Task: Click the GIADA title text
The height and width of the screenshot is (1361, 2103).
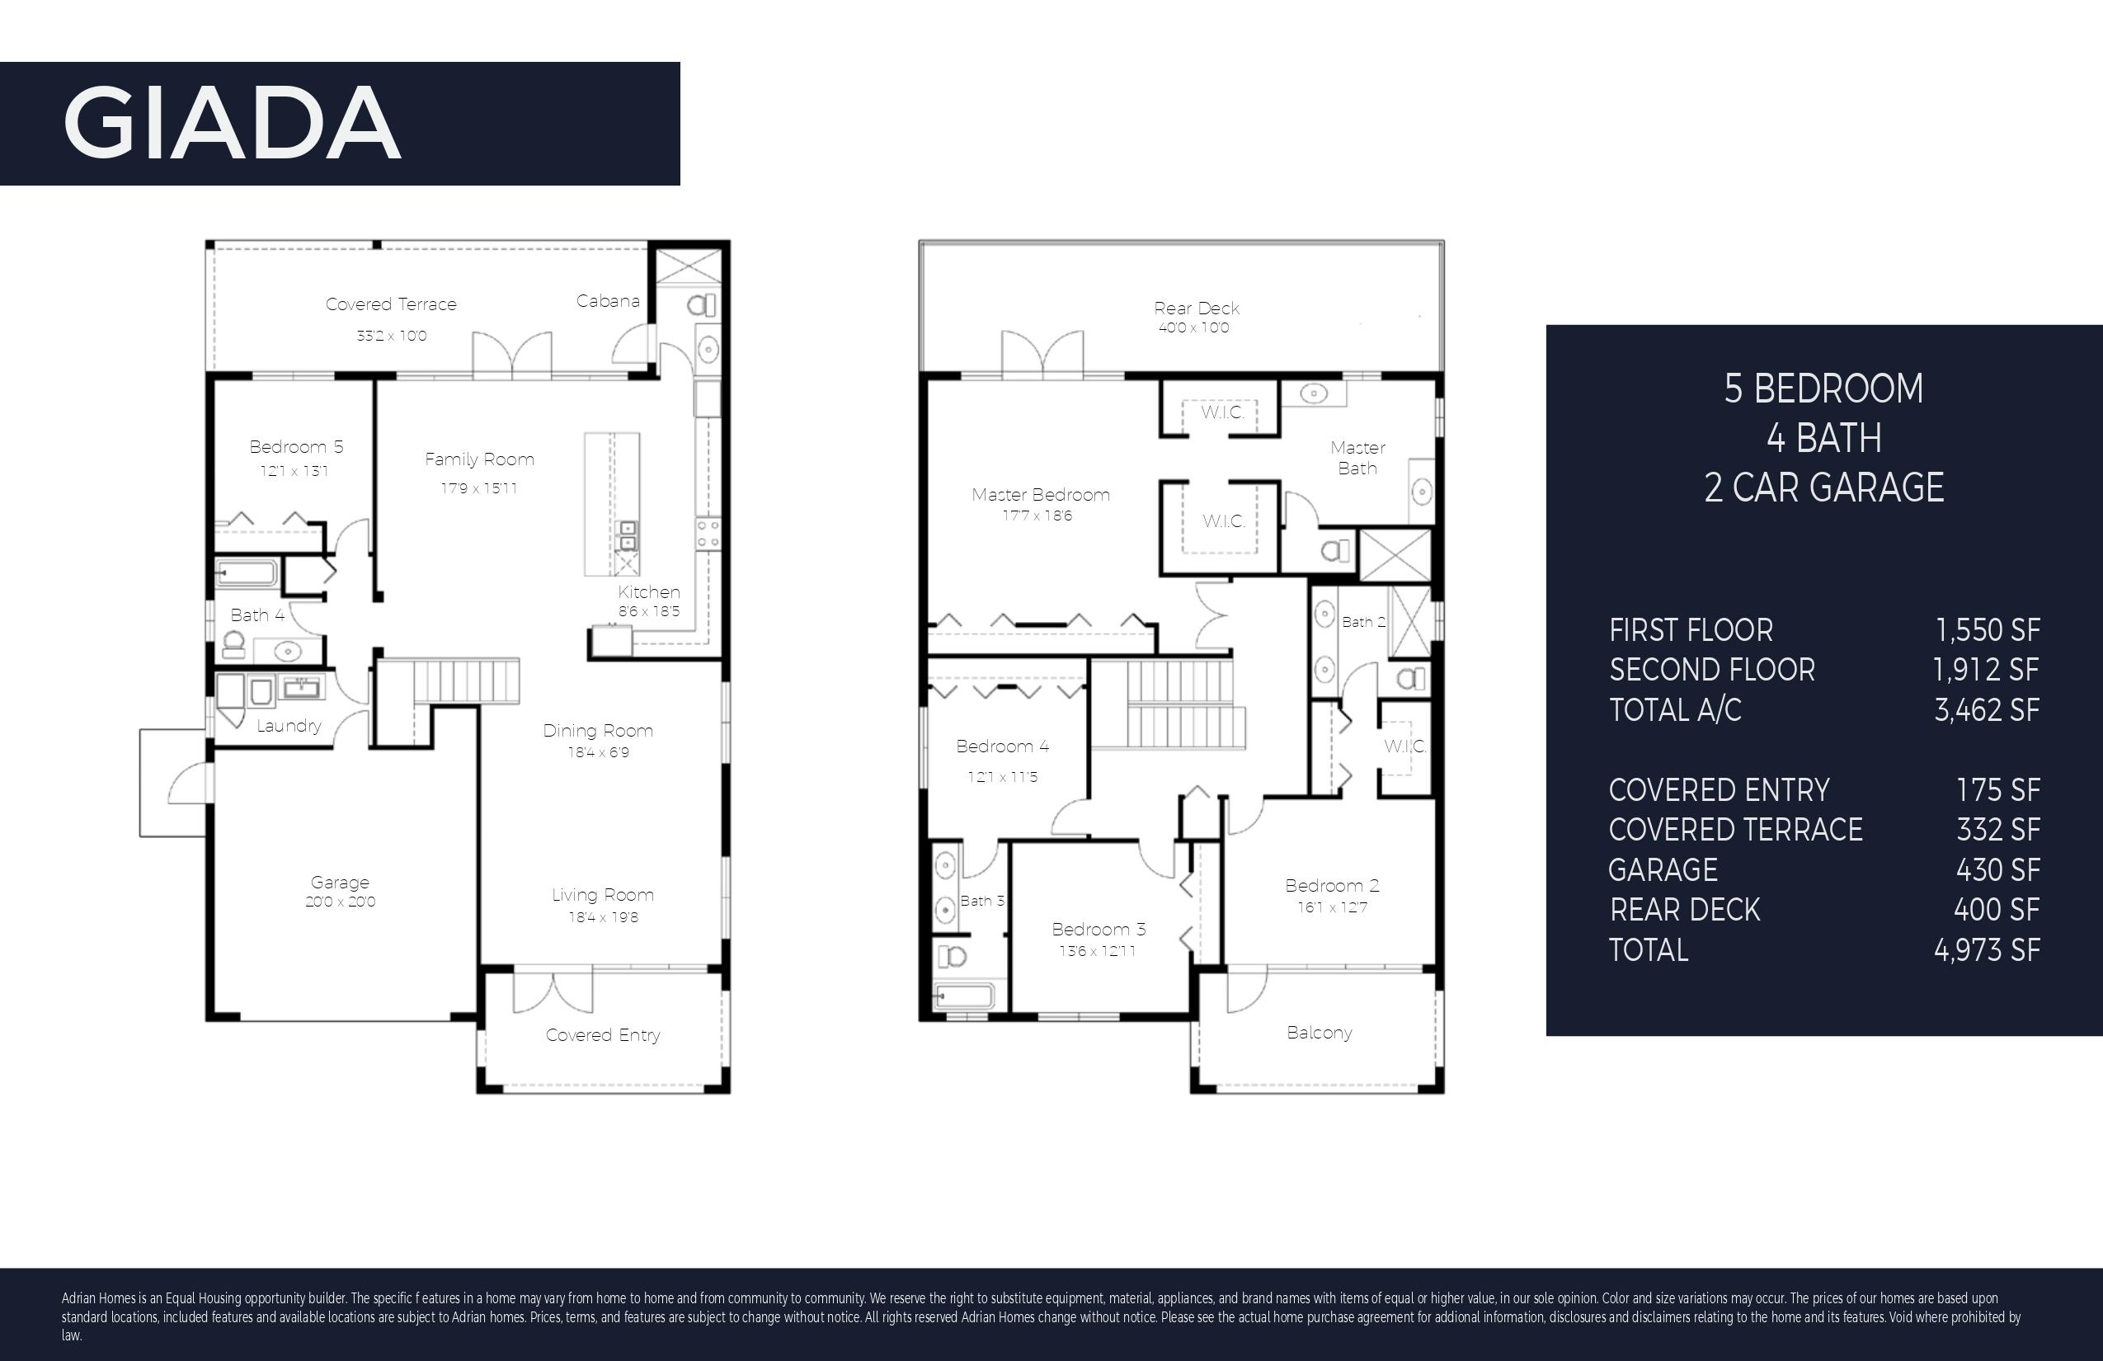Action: click(233, 123)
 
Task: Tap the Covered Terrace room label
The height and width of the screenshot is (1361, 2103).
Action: click(392, 304)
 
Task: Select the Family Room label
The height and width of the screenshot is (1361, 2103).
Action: click(480, 459)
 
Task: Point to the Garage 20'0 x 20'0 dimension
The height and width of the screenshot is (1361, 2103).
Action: click(340, 902)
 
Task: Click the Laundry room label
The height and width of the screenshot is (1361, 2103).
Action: click(289, 727)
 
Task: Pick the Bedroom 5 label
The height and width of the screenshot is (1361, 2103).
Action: click(296, 447)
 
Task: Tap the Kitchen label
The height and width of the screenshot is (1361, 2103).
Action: click(648, 592)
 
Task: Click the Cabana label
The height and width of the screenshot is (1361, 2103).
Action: click(608, 301)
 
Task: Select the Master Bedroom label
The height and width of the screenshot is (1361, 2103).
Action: click(1041, 495)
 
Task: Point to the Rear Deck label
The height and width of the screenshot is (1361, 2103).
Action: click(1197, 308)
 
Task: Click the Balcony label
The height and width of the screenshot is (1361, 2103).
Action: click(1320, 1033)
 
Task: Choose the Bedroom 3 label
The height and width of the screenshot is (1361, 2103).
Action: click(1099, 930)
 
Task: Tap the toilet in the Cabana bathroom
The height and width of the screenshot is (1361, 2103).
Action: click(702, 306)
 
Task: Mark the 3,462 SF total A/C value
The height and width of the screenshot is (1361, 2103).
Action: click(1988, 709)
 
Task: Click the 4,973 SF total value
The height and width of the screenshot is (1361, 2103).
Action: click(1988, 950)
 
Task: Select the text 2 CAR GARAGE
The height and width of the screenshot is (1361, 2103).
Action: click(1823, 487)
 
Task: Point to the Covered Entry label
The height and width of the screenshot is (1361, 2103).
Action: click(603, 1035)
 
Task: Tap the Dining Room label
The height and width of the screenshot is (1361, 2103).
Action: click(598, 731)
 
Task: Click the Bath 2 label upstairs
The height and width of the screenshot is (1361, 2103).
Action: click(1363, 622)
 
